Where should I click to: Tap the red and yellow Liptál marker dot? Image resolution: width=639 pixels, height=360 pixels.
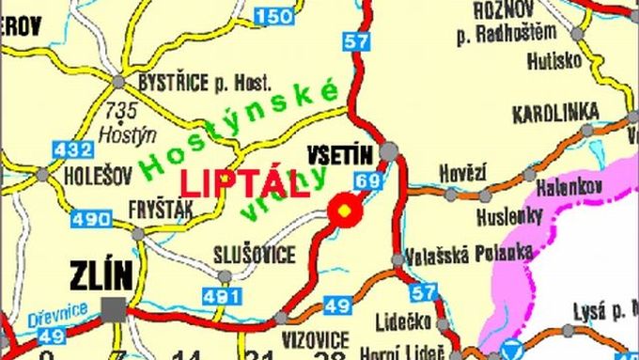coord(345,211)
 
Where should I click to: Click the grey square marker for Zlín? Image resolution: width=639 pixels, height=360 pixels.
coord(115,306)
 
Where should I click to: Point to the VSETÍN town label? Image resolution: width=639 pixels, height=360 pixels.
coord(339,151)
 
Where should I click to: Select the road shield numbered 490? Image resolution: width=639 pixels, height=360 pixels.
coord(89,219)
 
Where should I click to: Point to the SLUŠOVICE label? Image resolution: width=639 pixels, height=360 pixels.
coord(255,255)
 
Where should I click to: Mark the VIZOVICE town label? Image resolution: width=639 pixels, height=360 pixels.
coord(316,338)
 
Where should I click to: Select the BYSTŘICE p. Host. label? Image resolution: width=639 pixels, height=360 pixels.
coord(204,83)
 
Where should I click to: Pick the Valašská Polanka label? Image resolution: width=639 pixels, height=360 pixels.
coord(469,254)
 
